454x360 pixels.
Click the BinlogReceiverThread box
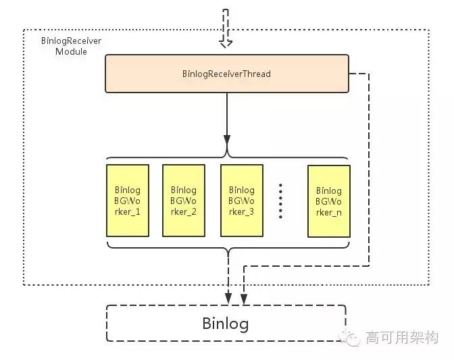[x=226, y=74]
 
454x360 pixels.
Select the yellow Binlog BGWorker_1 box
[x=128, y=201]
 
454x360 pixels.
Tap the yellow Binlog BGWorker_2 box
[x=184, y=201]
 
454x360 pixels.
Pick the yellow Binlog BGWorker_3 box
[x=241, y=201]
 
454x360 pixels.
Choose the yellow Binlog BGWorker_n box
[x=328, y=201]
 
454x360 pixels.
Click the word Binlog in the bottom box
[x=226, y=324]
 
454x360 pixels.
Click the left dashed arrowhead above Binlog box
[x=228, y=297]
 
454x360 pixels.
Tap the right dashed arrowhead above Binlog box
[x=243, y=297]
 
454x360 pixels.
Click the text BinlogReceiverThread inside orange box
[x=226, y=74]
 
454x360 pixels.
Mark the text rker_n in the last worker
[x=328, y=213]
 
